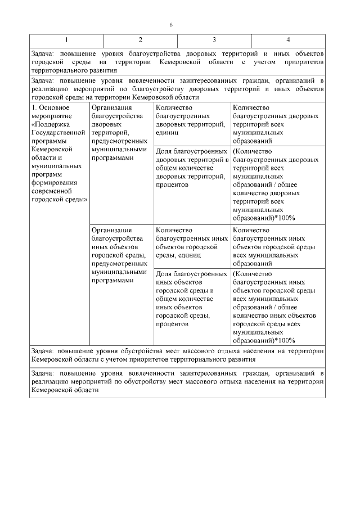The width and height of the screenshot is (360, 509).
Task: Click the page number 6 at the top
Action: (172, 25)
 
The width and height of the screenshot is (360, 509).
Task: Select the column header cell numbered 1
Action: (67, 40)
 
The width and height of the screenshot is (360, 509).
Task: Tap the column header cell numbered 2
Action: (141, 40)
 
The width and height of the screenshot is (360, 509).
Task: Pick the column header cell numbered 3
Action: (214, 40)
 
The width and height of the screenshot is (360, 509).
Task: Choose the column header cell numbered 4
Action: (288, 40)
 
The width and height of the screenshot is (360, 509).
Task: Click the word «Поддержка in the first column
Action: (52, 124)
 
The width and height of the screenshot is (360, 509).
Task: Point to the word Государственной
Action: (58, 133)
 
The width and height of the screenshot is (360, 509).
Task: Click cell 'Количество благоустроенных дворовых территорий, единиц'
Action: (191, 120)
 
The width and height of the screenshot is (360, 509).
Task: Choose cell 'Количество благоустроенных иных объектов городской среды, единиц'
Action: (191, 242)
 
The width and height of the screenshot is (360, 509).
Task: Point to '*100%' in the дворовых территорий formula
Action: (285, 218)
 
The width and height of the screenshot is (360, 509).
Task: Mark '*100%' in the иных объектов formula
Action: (285, 341)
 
